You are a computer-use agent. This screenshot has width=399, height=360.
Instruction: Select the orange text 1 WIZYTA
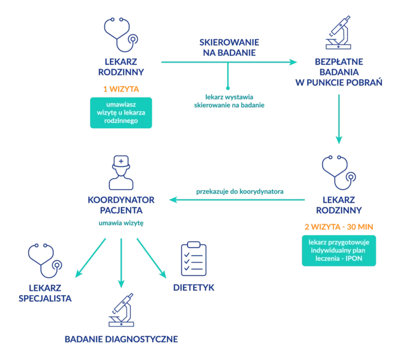(x=121, y=89)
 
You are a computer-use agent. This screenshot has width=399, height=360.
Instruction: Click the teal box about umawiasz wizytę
(x=121, y=112)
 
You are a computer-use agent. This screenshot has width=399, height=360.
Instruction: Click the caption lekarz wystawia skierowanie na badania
(x=229, y=101)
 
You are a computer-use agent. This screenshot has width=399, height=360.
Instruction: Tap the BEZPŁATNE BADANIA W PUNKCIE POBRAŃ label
(x=339, y=72)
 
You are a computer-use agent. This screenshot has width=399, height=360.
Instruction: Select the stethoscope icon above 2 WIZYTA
(x=339, y=174)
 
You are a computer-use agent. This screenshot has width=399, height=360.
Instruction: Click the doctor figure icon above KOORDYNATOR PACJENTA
(x=121, y=173)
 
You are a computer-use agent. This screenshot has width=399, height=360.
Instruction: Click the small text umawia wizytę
(x=121, y=223)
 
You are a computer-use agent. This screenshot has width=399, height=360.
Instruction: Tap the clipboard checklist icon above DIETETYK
(x=193, y=259)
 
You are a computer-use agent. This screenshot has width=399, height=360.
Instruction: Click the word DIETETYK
(x=194, y=288)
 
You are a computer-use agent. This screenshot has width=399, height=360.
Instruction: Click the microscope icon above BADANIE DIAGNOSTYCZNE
(x=121, y=311)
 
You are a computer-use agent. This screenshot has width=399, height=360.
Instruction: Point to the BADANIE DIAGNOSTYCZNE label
(x=121, y=339)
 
